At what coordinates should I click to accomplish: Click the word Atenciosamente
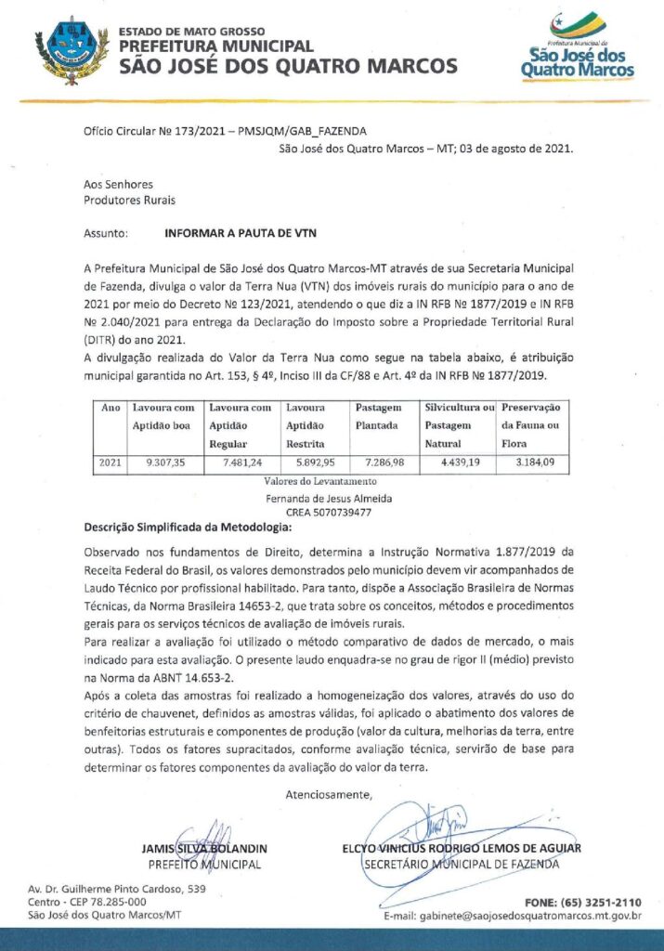(x=329, y=794)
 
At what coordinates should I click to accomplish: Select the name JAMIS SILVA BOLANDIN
(x=204, y=849)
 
